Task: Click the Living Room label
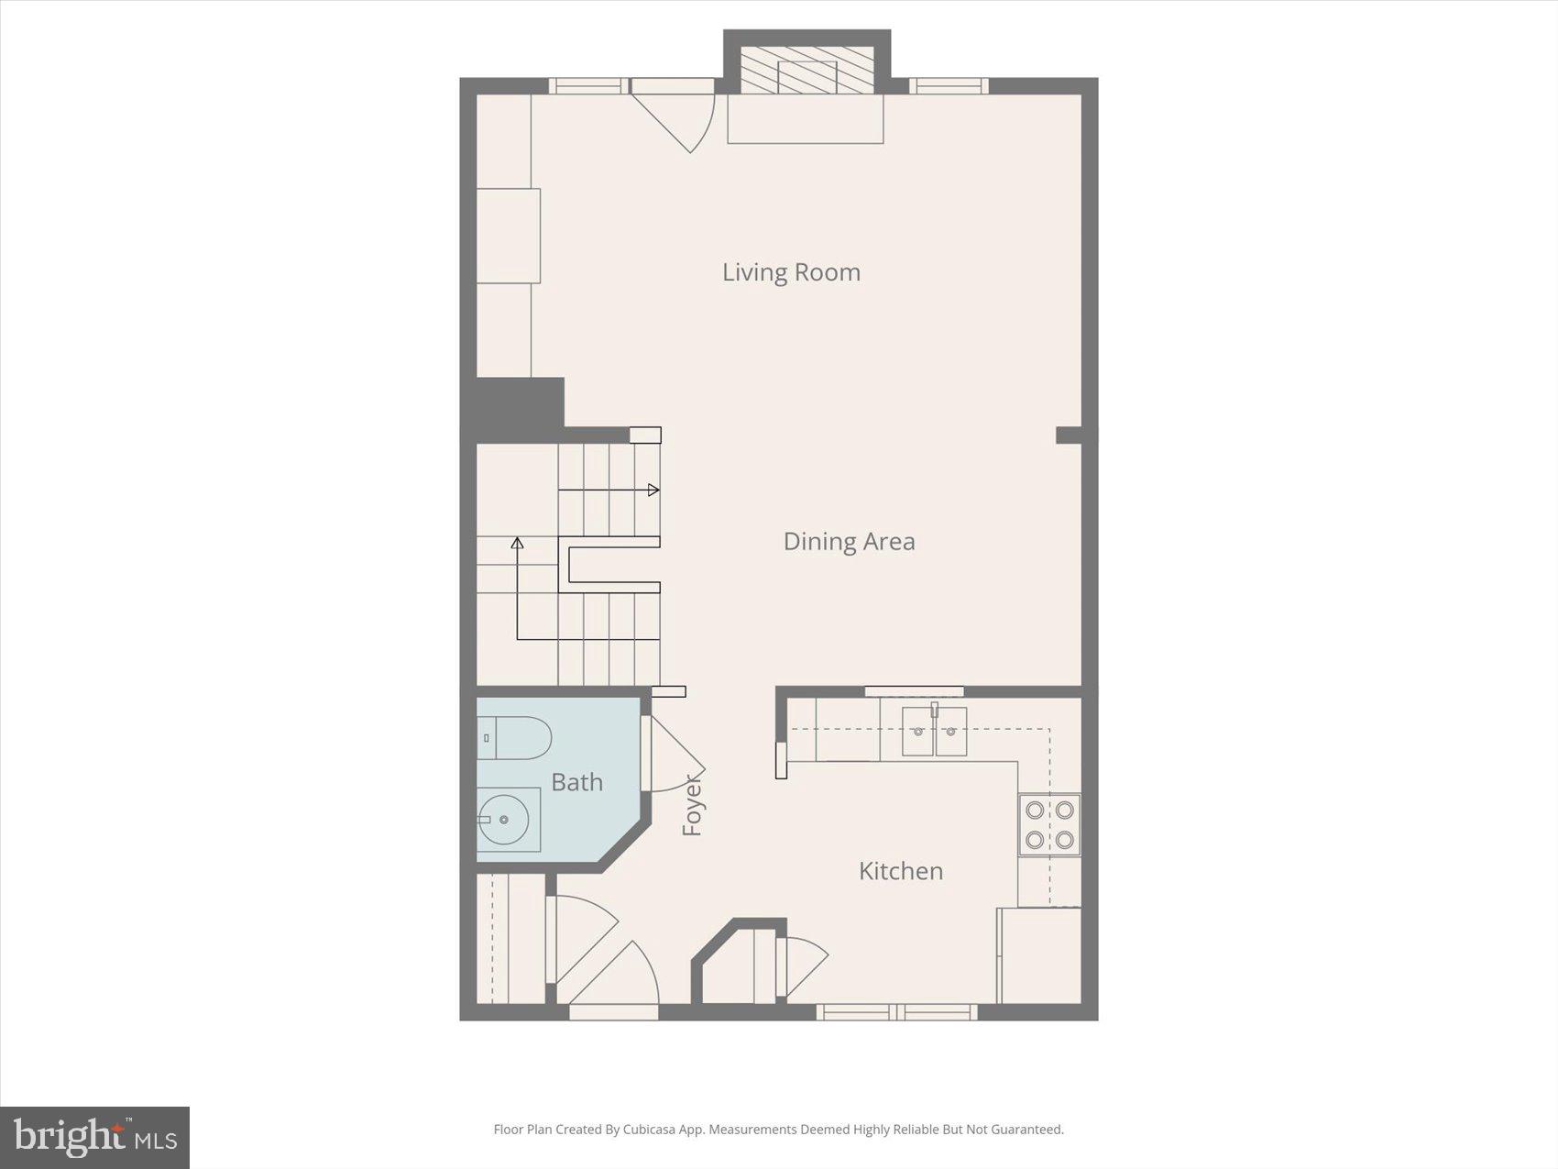pyautogui.click(x=791, y=272)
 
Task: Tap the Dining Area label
pyautogui.click(x=849, y=542)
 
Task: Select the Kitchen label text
pyautogui.click(x=900, y=871)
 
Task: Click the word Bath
pyautogui.click(x=576, y=782)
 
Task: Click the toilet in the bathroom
pyautogui.click(x=515, y=738)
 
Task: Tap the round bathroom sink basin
pyautogui.click(x=503, y=820)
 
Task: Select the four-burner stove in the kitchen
pyautogui.click(x=1049, y=824)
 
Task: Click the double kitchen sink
pyautogui.click(x=934, y=732)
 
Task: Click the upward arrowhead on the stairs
pyautogui.click(x=517, y=544)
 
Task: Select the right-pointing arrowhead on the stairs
pyautogui.click(x=653, y=491)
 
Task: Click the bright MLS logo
pyautogui.click(x=94, y=1138)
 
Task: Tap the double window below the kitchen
pyautogui.click(x=896, y=1012)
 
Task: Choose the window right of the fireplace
pyautogui.click(x=949, y=86)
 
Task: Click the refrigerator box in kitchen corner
pyautogui.click(x=1039, y=955)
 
